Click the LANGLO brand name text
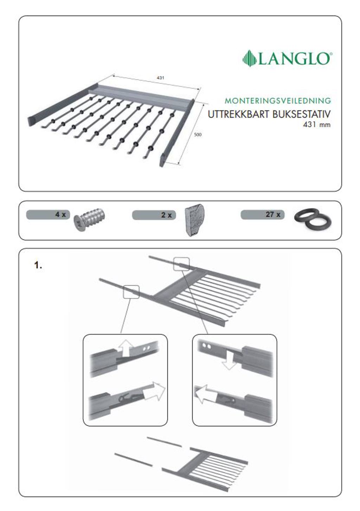pyautogui.click(x=295, y=59)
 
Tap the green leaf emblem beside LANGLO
pyautogui.click(x=249, y=58)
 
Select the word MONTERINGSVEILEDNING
pyautogui.click(x=278, y=101)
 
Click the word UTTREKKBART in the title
pyautogui.click(x=239, y=115)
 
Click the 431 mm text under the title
pyautogui.click(x=316, y=124)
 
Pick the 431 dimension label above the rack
pyautogui.click(x=160, y=78)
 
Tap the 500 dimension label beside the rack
pyautogui.click(x=198, y=135)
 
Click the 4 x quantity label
pyautogui.click(x=60, y=214)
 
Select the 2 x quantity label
pyautogui.click(x=166, y=215)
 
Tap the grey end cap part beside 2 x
pyautogui.click(x=194, y=220)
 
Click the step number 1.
pyautogui.click(x=38, y=265)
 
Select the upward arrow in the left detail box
pyautogui.click(x=125, y=348)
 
